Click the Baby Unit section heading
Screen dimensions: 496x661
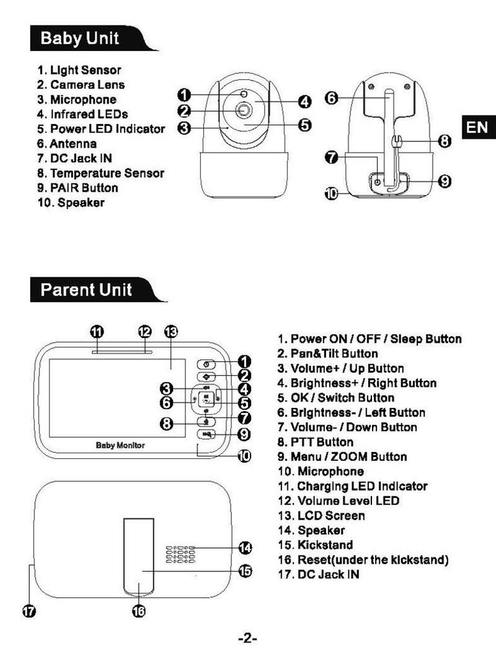pyautogui.click(x=79, y=38)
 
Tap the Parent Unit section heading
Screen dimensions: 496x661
pyautogui.click(x=86, y=290)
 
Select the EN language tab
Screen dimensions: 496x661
pyautogui.click(x=477, y=127)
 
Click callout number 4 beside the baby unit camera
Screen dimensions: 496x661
pyautogui.click(x=305, y=101)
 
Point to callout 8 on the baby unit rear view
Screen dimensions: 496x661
pyautogui.click(x=445, y=140)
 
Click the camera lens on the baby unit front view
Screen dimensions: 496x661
pyautogui.click(x=243, y=110)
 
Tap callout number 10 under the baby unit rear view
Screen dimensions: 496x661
pyautogui.click(x=331, y=194)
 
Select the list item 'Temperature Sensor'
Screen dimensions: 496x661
pyautogui.click(x=107, y=173)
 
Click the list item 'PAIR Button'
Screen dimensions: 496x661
pyautogui.click(x=84, y=188)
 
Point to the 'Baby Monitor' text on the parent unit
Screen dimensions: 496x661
pyautogui.click(x=120, y=445)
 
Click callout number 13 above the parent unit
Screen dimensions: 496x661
pyautogui.click(x=170, y=332)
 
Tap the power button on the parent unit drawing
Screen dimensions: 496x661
pyautogui.click(x=206, y=364)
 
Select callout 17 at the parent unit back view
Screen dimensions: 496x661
pyautogui.click(x=30, y=611)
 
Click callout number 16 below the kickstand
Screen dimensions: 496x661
pyautogui.click(x=139, y=611)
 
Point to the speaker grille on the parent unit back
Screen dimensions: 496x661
pyautogui.click(x=181, y=554)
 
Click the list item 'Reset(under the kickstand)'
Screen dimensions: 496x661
pyautogui.click(x=373, y=560)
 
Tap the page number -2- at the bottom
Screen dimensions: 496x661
pyautogui.click(x=248, y=638)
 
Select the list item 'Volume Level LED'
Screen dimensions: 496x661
pyautogui.click(x=348, y=501)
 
